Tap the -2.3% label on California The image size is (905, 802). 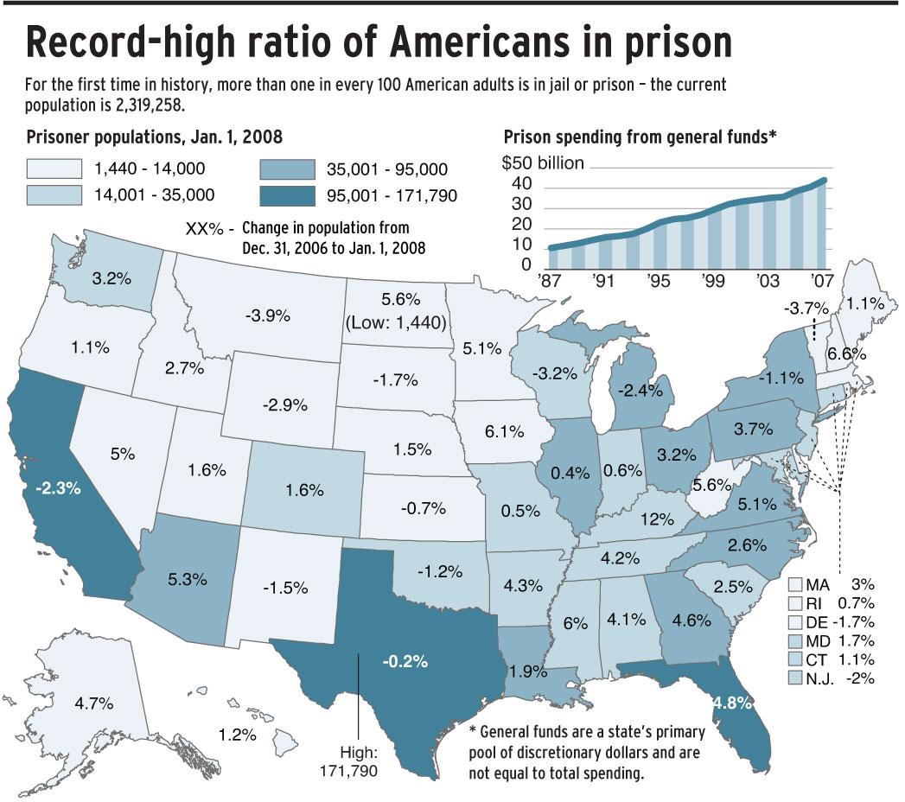[x=59, y=487]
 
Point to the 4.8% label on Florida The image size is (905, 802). [x=730, y=703]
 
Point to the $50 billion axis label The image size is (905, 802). [x=544, y=162]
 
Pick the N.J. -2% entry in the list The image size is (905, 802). [x=841, y=678]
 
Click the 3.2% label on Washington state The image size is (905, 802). [x=112, y=279]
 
